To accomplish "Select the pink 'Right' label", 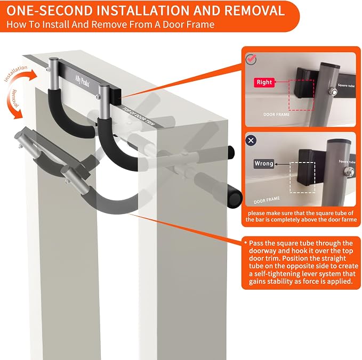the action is [264, 83].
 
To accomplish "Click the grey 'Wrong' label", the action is [264, 163].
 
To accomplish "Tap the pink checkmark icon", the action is [251, 59].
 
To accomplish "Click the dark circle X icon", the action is [251, 141].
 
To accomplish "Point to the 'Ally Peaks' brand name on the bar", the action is [82, 81].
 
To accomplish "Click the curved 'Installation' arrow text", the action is [16, 73].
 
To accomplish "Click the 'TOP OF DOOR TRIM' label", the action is [139, 117].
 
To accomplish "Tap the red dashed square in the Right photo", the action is [301, 95].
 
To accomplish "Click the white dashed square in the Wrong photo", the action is [302, 177].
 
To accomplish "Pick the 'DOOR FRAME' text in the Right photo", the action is [276, 114].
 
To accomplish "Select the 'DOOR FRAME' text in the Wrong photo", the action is [267, 200].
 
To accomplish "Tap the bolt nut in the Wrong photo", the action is [347, 171].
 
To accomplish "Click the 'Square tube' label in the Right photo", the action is [346, 85].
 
